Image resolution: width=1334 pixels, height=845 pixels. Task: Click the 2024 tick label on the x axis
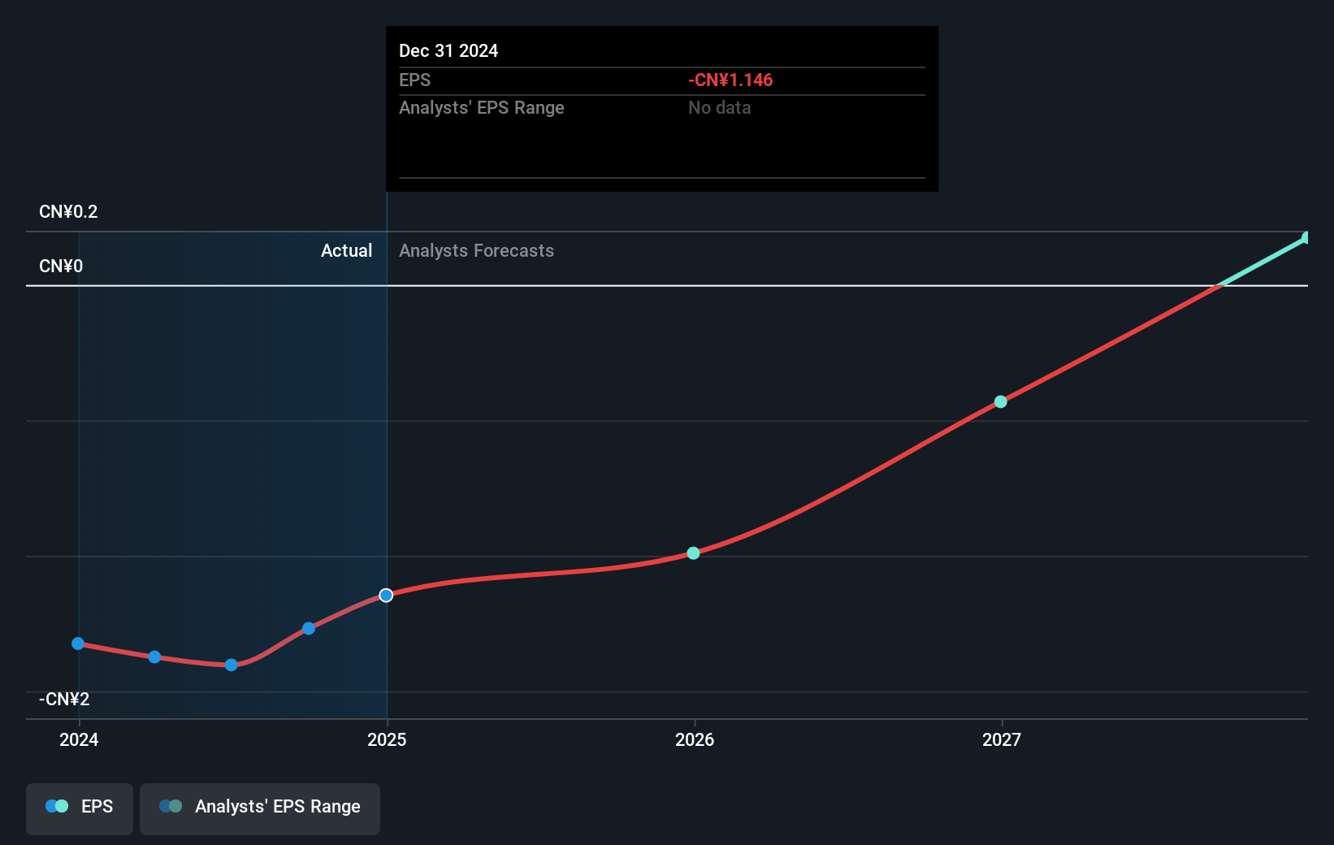click(x=79, y=739)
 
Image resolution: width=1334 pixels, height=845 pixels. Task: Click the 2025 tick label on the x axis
click(x=387, y=739)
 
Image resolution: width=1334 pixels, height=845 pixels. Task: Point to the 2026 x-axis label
click(x=695, y=739)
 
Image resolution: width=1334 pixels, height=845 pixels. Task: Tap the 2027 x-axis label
click(x=1001, y=739)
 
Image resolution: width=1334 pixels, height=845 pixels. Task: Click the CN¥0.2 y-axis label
click(x=68, y=212)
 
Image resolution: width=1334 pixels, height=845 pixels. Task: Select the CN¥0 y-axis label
click(x=61, y=266)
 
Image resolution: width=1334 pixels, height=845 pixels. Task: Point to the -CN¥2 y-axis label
click(x=64, y=700)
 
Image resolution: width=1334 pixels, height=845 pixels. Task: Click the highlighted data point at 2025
click(x=386, y=596)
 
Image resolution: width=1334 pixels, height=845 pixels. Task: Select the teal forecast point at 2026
click(x=693, y=553)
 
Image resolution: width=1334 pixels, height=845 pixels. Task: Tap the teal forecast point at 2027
click(x=1001, y=402)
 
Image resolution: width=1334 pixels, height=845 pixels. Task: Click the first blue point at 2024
click(x=78, y=643)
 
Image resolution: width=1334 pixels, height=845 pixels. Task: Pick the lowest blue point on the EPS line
click(x=232, y=665)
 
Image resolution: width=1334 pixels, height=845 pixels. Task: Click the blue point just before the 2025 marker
click(x=309, y=628)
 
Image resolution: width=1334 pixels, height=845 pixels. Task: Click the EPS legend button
click(x=80, y=808)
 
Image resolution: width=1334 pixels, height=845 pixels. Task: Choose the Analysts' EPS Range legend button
click(x=260, y=808)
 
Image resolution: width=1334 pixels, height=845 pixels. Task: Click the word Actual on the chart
click(x=346, y=251)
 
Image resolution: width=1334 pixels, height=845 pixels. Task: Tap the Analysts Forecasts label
click(x=476, y=251)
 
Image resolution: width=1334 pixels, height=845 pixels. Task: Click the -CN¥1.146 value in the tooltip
click(x=730, y=80)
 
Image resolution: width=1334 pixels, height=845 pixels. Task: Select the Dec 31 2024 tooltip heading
click(x=448, y=51)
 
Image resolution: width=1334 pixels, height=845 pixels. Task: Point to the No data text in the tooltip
click(x=719, y=108)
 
